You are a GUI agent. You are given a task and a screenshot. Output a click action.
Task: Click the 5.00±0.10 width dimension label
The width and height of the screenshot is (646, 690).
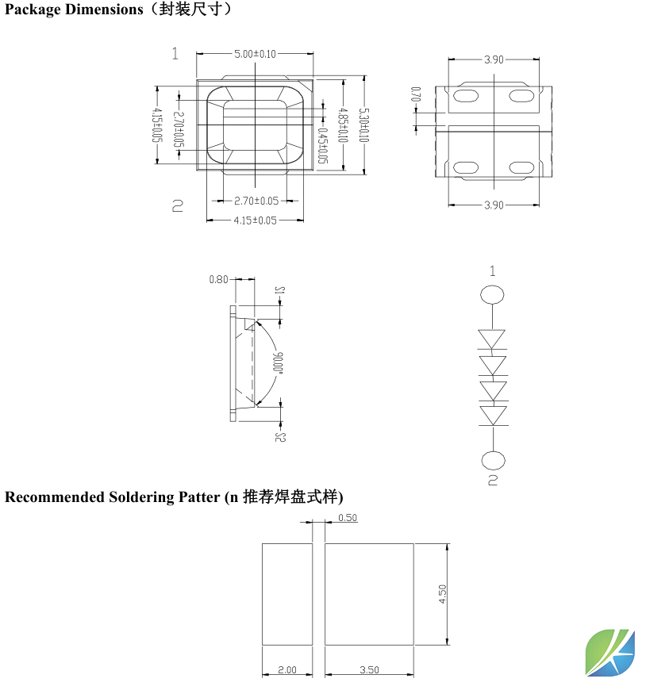click(x=255, y=54)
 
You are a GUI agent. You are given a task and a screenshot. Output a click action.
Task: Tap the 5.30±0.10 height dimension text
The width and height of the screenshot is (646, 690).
click(x=363, y=125)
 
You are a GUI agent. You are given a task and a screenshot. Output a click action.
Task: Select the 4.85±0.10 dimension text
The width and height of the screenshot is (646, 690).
click(x=343, y=125)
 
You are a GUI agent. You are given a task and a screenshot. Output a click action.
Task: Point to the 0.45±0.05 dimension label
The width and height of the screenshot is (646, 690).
click(x=322, y=145)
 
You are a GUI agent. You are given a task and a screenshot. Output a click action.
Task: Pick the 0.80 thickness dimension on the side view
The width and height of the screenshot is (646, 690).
click(x=218, y=279)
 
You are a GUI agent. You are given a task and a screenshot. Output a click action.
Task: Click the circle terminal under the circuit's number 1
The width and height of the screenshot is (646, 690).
click(x=493, y=296)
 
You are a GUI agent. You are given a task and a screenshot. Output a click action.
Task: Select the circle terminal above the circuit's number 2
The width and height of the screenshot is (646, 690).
click(x=493, y=461)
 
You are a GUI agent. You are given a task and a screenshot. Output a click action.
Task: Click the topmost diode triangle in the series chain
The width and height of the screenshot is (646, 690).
click(x=493, y=339)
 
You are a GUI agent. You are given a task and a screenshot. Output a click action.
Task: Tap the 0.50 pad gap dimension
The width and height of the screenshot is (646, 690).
click(x=348, y=518)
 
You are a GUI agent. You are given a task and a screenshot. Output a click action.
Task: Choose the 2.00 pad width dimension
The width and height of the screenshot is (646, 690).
click(x=287, y=670)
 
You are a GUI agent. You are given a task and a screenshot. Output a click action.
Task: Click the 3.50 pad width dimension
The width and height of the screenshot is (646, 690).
click(x=369, y=670)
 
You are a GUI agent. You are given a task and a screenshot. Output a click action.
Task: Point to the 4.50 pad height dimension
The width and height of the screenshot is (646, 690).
click(x=443, y=594)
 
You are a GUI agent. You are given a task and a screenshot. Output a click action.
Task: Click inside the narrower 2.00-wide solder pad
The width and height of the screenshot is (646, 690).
click(x=287, y=594)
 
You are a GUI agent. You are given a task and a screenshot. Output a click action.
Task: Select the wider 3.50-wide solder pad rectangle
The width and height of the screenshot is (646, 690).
click(x=369, y=594)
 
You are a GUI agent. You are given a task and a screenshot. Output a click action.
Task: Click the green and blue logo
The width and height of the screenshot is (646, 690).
click(x=610, y=652)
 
